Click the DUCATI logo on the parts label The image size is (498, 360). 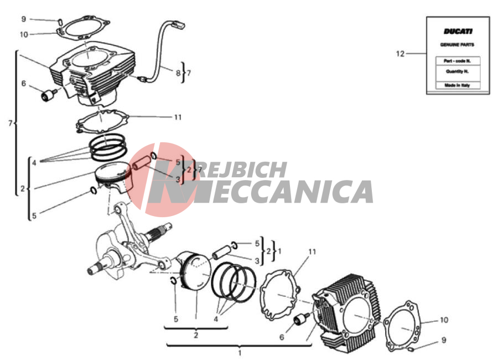click(x=458, y=31)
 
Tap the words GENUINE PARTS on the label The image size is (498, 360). click(x=457, y=44)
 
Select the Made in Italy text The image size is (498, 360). click(x=457, y=85)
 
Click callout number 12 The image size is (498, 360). click(x=400, y=54)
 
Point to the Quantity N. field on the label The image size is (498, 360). click(x=457, y=71)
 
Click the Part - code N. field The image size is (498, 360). click(x=458, y=61)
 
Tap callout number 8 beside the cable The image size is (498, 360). click(x=178, y=73)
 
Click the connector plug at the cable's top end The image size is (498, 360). click(x=178, y=24)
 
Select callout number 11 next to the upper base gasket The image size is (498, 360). click(x=178, y=117)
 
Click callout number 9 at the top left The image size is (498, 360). click(x=23, y=19)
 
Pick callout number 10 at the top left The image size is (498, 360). click(x=24, y=34)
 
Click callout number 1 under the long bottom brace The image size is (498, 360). click(x=240, y=353)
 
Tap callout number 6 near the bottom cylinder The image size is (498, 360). click(x=282, y=337)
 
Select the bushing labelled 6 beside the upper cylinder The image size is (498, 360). click(x=48, y=95)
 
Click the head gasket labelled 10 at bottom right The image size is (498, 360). click(x=402, y=325)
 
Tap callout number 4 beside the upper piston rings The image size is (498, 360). click(x=34, y=163)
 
